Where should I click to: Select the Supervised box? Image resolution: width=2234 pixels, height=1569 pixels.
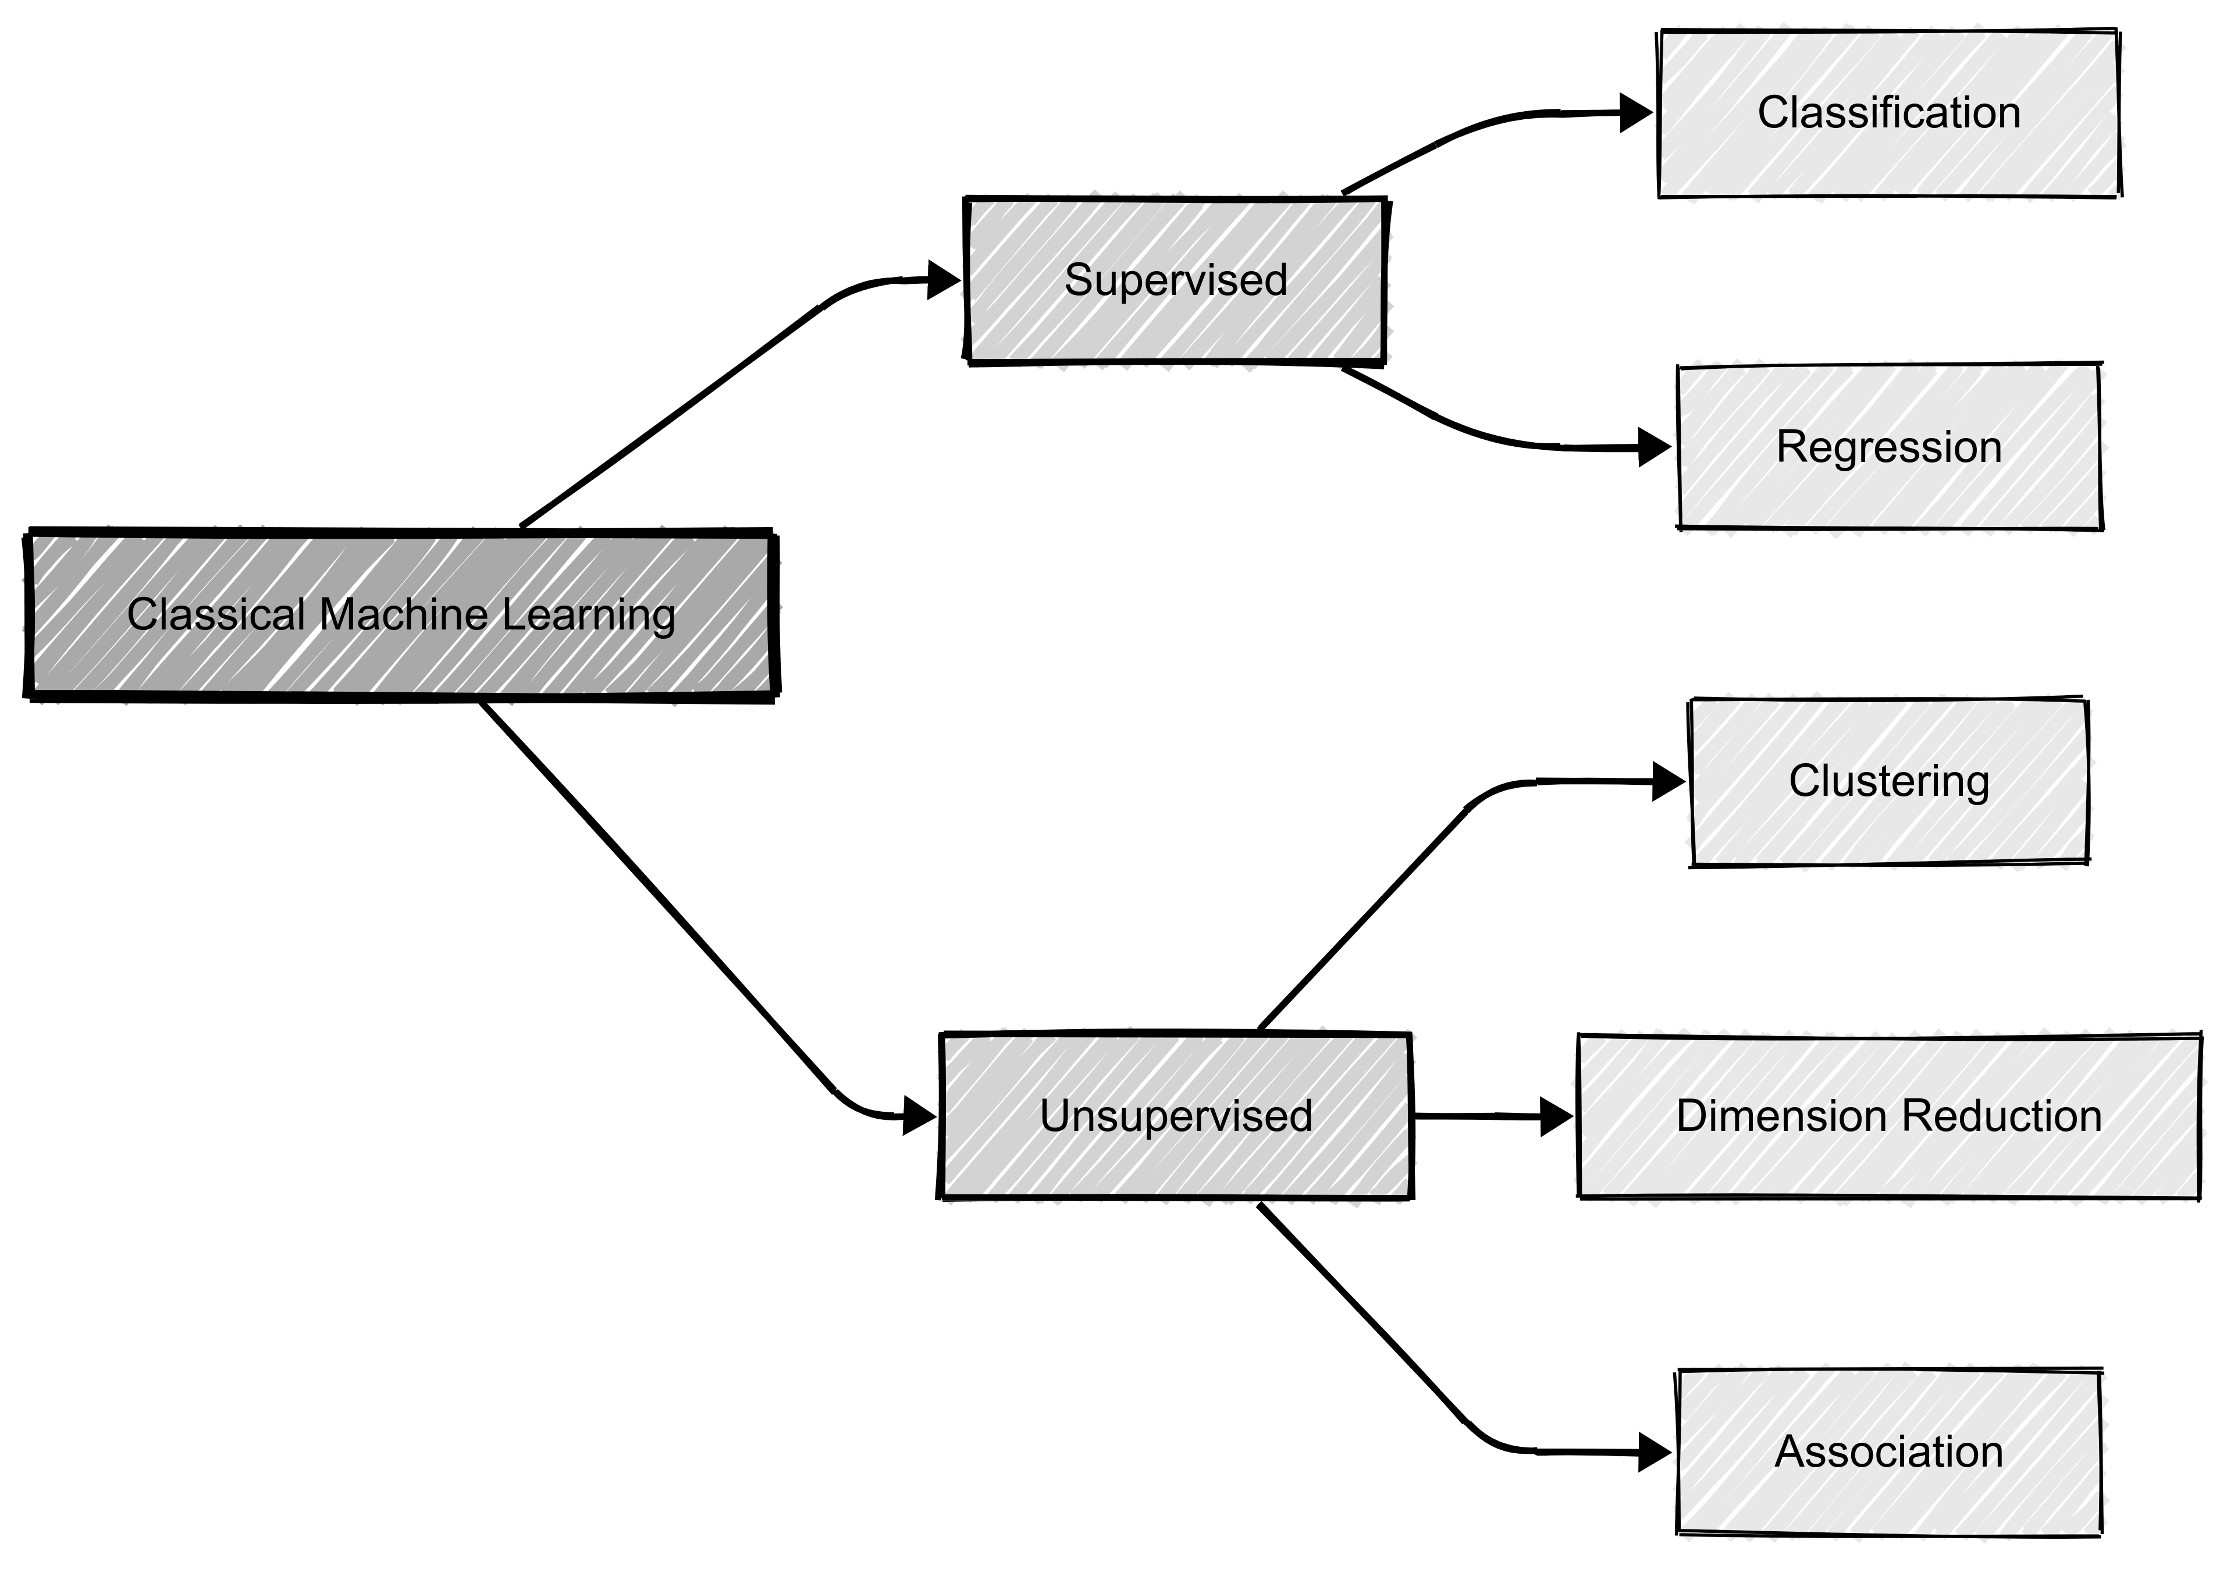pyautogui.click(x=1175, y=281)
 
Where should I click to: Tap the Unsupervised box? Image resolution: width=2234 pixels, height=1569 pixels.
pyautogui.click(x=1175, y=1116)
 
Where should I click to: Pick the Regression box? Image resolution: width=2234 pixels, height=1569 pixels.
pyautogui.click(x=1888, y=447)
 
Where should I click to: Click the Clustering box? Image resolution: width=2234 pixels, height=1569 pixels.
pyautogui.click(x=1888, y=781)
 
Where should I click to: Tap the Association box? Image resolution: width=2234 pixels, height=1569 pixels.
pyautogui.click(x=1888, y=1451)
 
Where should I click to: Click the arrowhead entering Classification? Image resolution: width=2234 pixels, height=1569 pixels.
pyautogui.click(x=1635, y=113)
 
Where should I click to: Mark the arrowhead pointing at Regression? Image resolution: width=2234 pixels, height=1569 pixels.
pyautogui.click(x=1653, y=447)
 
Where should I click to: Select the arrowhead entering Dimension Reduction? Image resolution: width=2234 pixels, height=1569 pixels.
pyautogui.click(x=1556, y=1117)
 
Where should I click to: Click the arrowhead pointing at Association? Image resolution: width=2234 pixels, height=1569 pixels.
pyautogui.click(x=1653, y=1452)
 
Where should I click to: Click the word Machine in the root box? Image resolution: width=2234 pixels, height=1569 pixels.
pyautogui.click(x=403, y=615)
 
